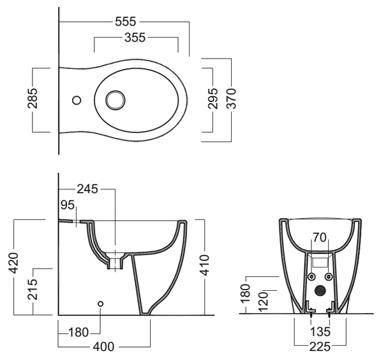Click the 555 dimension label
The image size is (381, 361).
[x=126, y=22]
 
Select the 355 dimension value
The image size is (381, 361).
[x=135, y=38]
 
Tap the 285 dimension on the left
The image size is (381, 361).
[x=33, y=98]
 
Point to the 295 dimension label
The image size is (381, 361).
[x=213, y=98]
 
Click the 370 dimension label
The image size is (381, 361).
[x=231, y=98]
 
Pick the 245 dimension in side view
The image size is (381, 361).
[x=87, y=189]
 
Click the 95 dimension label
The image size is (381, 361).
[x=67, y=205]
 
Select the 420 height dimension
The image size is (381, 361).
[x=13, y=263]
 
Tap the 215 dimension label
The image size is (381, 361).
[x=33, y=290]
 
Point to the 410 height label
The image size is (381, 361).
[x=204, y=265]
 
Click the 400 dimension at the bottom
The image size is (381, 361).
[x=103, y=347]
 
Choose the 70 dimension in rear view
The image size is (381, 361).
[x=320, y=238]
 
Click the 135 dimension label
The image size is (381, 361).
[x=320, y=332]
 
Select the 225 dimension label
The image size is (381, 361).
[x=320, y=347]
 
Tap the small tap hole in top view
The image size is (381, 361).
[x=77, y=100]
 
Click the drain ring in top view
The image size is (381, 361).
[x=115, y=100]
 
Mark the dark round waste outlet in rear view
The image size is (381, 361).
[x=320, y=290]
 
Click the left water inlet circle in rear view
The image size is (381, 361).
[x=311, y=277]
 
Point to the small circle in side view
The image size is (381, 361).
[x=100, y=304]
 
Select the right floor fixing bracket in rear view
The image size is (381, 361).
[x=331, y=307]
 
